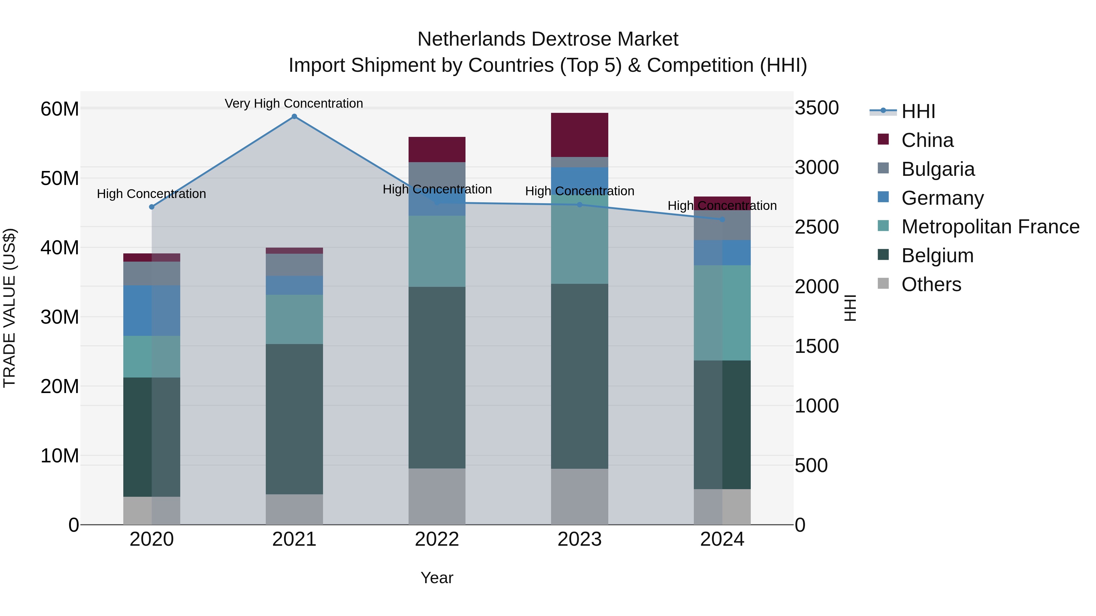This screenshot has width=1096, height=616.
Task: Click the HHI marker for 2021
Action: [x=294, y=117]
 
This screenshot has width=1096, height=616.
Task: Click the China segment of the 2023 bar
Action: [x=579, y=135]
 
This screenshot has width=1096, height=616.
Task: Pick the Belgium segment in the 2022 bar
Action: [x=437, y=378]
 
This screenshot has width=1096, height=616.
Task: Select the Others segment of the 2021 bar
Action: [x=294, y=509]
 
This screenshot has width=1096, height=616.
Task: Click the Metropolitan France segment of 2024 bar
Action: [x=722, y=313]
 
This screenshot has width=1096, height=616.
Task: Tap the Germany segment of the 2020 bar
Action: [x=152, y=311]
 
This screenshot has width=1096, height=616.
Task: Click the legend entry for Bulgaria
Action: [x=938, y=169]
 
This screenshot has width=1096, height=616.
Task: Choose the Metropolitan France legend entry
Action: [x=990, y=227]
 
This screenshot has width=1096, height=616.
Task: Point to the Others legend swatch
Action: [x=883, y=284]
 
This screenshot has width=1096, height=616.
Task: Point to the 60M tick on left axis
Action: [x=60, y=109]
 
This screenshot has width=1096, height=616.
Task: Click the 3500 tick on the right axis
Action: [x=817, y=108]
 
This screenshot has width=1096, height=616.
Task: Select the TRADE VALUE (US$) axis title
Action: [x=9, y=308]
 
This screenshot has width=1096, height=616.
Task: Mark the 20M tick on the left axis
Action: [x=60, y=386]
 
